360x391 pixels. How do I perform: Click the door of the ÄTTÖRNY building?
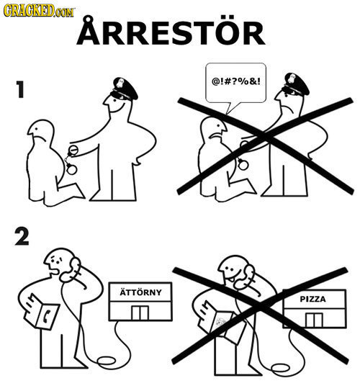pyautogui.click(x=140, y=312)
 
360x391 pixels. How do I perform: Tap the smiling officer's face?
pyautogui.click(x=115, y=109)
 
